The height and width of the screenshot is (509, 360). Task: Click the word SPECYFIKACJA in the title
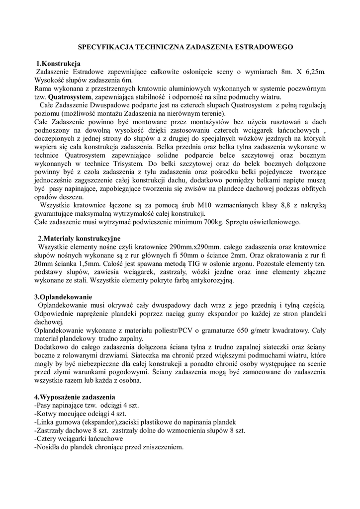pos(104,46)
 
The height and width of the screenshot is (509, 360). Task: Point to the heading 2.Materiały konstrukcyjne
pos(79,238)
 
